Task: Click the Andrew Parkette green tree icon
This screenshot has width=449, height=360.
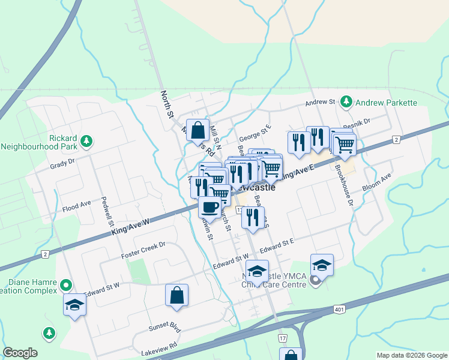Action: [x=346, y=102]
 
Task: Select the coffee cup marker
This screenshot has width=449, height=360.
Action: [x=209, y=208]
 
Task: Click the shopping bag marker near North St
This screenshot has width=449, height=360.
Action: [x=198, y=130]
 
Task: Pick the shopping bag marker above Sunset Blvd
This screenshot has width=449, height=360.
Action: [x=176, y=295]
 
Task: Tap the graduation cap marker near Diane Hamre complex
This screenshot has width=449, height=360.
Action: [x=75, y=305]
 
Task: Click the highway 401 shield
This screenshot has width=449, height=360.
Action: [x=340, y=308]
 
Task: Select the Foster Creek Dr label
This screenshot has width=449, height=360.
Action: [x=143, y=250]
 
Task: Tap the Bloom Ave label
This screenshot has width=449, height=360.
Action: [x=376, y=183]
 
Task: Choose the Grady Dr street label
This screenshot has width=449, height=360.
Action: [x=62, y=163]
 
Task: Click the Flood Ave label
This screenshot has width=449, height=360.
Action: [x=76, y=207]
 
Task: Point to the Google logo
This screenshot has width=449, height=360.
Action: [x=20, y=353]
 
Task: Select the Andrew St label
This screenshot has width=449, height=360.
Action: [x=319, y=103]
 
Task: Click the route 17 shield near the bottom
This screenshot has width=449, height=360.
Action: [x=282, y=339]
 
